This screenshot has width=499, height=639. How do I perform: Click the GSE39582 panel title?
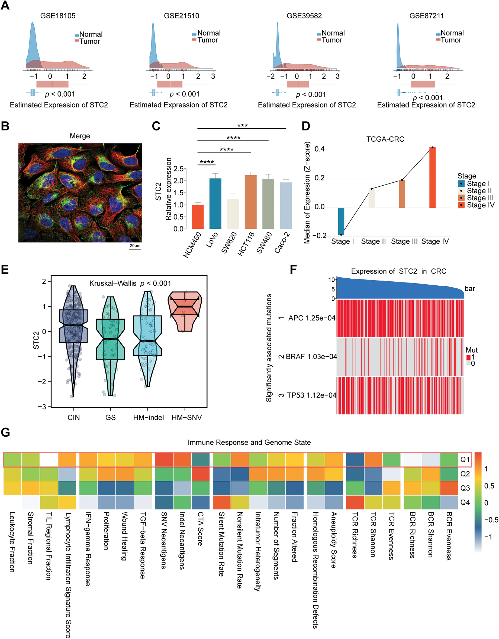(x=304, y=16)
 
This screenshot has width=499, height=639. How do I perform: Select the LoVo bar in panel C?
(x=215, y=203)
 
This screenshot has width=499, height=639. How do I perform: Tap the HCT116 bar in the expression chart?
(x=250, y=202)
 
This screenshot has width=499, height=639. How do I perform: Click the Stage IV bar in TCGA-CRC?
(x=432, y=178)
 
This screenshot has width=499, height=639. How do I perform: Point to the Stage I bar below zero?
(x=341, y=221)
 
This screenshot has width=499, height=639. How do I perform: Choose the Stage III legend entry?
(x=476, y=198)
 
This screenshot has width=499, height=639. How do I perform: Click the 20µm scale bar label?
(x=135, y=246)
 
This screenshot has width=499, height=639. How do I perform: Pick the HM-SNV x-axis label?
(x=186, y=418)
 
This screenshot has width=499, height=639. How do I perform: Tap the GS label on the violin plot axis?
(x=111, y=418)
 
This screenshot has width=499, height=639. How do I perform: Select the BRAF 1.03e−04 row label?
(x=311, y=357)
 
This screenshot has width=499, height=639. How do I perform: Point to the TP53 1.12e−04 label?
(x=312, y=395)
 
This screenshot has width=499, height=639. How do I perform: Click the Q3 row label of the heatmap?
(x=465, y=488)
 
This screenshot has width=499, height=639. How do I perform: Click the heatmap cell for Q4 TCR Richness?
(x=355, y=502)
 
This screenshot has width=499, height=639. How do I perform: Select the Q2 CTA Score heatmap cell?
(x=201, y=474)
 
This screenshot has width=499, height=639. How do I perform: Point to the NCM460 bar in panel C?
(x=198, y=217)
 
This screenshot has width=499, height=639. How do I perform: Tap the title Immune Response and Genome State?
(x=249, y=442)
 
